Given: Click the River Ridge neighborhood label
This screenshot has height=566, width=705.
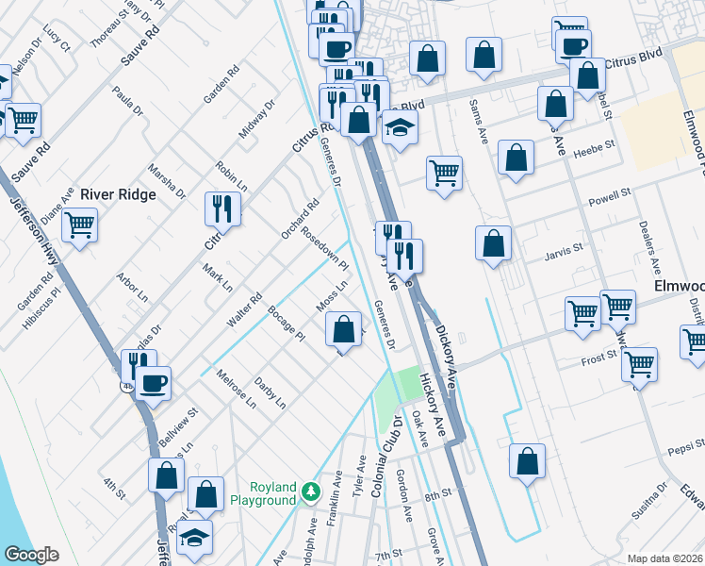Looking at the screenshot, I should point(116,194).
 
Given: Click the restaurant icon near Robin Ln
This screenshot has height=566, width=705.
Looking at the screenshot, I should point(222,208).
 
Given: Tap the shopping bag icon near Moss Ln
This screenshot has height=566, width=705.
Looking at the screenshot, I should point(344,330).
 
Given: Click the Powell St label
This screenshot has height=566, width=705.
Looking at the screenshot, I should point(609,195).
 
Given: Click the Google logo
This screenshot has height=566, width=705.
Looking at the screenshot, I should point(31,554).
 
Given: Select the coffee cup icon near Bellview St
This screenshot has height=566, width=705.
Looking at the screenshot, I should point(153,383).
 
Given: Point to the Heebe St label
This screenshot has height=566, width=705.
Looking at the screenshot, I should point(594,146).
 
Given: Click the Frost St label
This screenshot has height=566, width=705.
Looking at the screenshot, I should point(598,356).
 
